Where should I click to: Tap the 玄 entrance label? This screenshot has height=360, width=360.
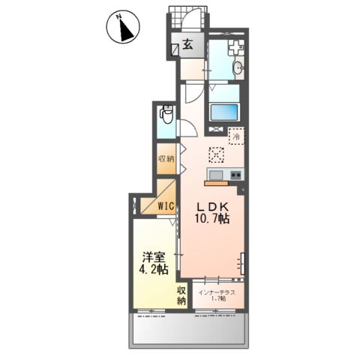[x=187, y=45]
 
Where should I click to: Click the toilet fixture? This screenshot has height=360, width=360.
[x=166, y=115]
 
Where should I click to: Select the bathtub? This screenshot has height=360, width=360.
[x=224, y=112]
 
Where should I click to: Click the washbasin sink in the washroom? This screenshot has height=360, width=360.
[x=238, y=67]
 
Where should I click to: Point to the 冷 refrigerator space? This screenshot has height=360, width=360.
[x=236, y=136]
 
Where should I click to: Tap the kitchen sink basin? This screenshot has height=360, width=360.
[x=216, y=175]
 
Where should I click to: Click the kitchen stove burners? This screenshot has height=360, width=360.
[x=235, y=175]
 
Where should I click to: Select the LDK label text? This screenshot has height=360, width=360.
[x=212, y=207]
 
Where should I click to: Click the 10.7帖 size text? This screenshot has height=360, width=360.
[x=212, y=218]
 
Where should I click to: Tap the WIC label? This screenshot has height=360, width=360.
[x=166, y=206]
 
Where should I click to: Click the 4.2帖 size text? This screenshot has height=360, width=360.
[x=154, y=269]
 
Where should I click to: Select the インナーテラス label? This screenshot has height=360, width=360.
[x=217, y=292]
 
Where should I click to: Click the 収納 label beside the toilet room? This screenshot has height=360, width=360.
[x=166, y=159]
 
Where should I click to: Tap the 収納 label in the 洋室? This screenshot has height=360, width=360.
[x=181, y=295]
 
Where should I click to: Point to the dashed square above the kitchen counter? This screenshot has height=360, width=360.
[x=216, y=155]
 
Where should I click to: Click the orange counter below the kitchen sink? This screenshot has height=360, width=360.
[x=216, y=184]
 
